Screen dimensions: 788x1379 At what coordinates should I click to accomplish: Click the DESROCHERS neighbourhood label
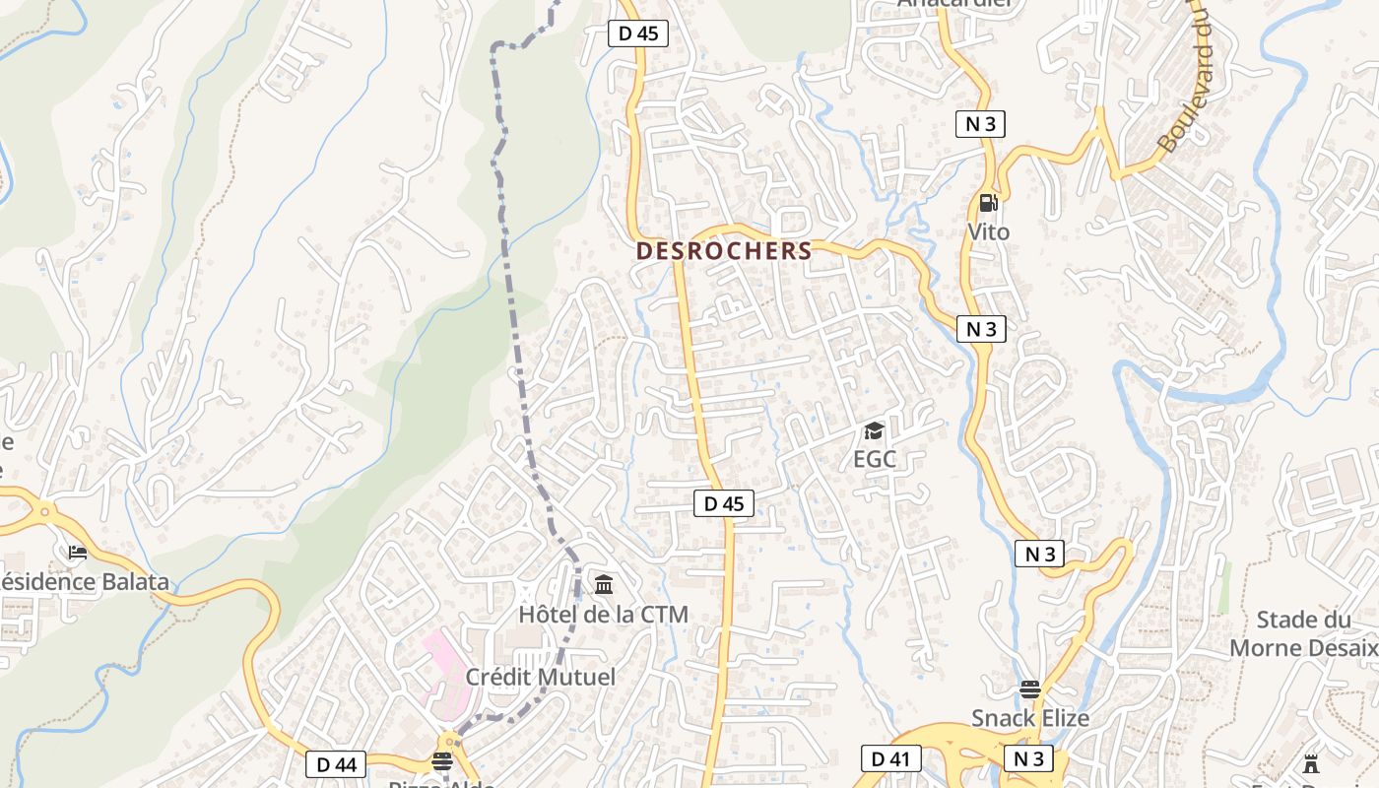(x=724, y=251)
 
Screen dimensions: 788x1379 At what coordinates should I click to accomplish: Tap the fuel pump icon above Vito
(x=988, y=203)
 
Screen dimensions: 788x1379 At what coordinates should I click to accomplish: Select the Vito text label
(x=988, y=232)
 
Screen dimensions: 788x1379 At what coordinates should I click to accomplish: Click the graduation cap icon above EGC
(x=874, y=430)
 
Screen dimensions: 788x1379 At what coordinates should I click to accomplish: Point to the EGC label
(x=874, y=459)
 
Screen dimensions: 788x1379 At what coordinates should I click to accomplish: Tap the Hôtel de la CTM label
(x=603, y=615)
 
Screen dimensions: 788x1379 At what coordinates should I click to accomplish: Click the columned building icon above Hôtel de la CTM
(x=603, y=586)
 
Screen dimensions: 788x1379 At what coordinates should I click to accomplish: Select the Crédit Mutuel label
(x=540, y=677)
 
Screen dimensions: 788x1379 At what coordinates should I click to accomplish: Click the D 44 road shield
(x=335, y=763)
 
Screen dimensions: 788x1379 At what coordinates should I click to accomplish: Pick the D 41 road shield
(x=889, y=758)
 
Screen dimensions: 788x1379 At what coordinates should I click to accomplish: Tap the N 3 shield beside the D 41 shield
(x=1028, y=758)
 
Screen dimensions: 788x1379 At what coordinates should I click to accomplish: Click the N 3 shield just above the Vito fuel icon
(x=980, y=124)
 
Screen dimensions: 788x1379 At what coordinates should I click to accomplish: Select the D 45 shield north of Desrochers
(x=637, y=33)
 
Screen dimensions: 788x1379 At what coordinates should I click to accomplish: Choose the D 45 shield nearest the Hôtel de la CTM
(x=723, y=503)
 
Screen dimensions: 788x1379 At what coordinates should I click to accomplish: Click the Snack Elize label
(x=1030, y=718)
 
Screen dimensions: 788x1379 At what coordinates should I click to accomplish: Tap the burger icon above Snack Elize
(x=1030, y=689)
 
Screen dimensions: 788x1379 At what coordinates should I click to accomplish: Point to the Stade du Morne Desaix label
(x=1302, y=633)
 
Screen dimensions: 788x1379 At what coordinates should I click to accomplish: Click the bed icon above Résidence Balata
(x=78, y=553)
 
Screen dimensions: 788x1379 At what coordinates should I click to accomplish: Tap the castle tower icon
(x=1310, y=763)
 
